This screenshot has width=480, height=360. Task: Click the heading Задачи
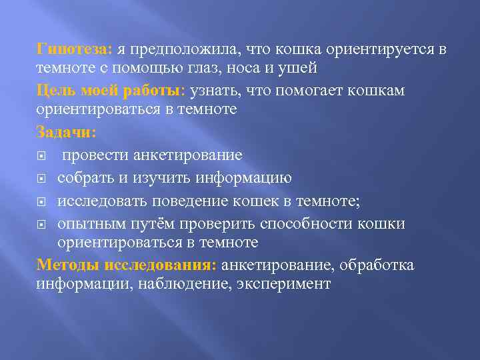pyautogui.click(x=66, y=133)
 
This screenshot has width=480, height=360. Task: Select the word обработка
pyautogui.click(x=377, y=265)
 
